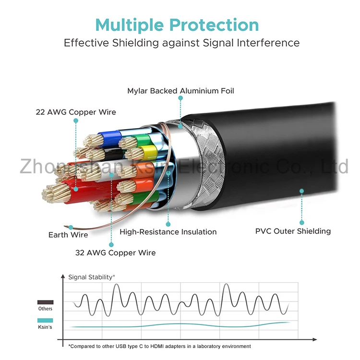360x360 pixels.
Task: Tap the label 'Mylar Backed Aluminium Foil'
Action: coord(180,91)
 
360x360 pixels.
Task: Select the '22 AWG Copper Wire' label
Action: coord(76,112)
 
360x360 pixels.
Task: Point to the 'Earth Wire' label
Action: coord(68,235)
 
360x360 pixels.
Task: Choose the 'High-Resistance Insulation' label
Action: coord(168,232)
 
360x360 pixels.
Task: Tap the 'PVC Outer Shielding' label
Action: coord(293,231)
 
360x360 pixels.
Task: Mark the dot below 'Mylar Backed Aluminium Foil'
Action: coord(180,98)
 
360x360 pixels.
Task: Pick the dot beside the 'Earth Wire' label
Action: coord(71,227)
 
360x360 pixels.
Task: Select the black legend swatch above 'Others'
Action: coord(45,302)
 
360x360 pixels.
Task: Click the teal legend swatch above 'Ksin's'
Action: coord(45,321)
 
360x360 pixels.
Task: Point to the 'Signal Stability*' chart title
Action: coord(92,277)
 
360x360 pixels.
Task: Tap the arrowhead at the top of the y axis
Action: coord(62,276)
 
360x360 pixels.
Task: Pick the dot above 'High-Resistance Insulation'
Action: coord(168,224)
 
